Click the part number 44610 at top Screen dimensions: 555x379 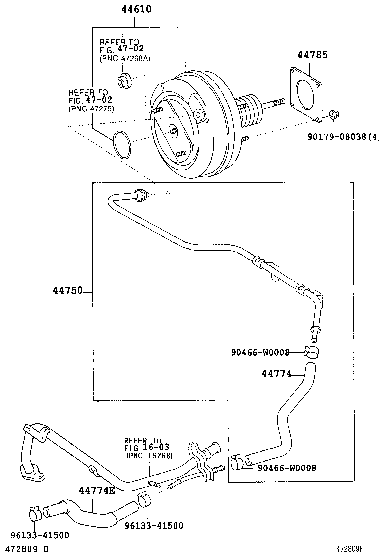click(136, 9)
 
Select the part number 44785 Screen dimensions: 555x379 click(313, 55)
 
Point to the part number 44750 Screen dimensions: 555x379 click(68, 290)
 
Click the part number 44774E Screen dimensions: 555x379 click(97, 490)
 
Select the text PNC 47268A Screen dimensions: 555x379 click(125, 58)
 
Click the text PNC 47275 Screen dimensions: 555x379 click(91, 109)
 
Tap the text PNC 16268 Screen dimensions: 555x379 click(149, 455)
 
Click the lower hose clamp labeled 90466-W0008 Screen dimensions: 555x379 click(238, 462)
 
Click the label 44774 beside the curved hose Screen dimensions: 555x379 click(276, 373)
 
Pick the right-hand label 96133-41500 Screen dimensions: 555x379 click(154, 525)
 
